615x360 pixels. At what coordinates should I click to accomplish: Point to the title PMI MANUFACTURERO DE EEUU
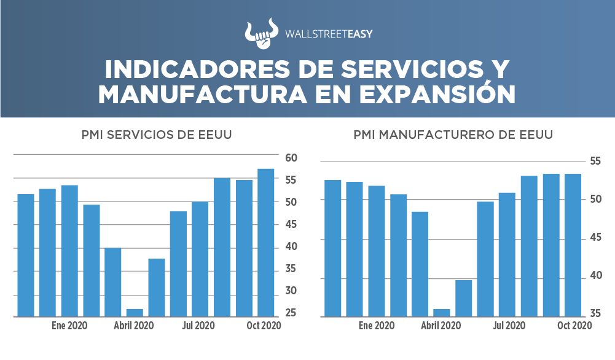[453, 135]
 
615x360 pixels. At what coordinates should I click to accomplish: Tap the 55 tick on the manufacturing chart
[595, 161]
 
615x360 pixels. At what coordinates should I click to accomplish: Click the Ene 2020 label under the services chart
[69, 326]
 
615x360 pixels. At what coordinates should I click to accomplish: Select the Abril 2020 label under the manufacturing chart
[441, 326]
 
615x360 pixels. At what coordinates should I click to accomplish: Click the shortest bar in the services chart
[135, 313]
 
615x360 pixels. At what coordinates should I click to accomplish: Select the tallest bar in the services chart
[266, 243]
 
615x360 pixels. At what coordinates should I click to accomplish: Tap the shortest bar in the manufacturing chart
[442, 313]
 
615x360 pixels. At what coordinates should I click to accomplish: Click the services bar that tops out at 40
[113, 282]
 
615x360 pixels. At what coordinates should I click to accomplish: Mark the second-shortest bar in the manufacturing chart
[464, 299]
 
